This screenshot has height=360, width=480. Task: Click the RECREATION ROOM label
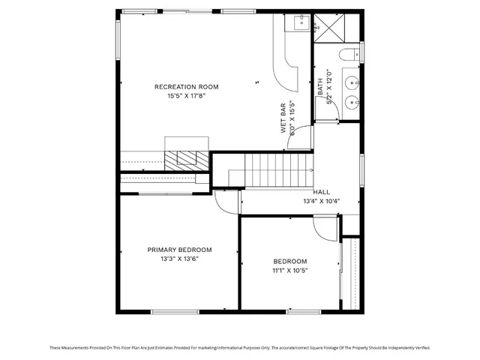[187, 87]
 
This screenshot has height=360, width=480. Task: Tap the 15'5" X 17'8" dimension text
[187, 96]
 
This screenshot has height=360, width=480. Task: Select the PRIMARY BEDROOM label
[179, 250]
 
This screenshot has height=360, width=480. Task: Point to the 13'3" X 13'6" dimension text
[179, 259]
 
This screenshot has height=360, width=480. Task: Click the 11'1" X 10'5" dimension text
[289, 270]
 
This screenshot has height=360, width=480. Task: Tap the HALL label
[322, 192]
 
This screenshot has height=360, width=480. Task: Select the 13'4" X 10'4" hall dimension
[322, 201]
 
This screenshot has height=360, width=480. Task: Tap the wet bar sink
[297, 23]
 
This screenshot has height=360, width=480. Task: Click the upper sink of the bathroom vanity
[351, 80]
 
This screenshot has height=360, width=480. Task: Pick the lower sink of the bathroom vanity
[351, 102]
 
